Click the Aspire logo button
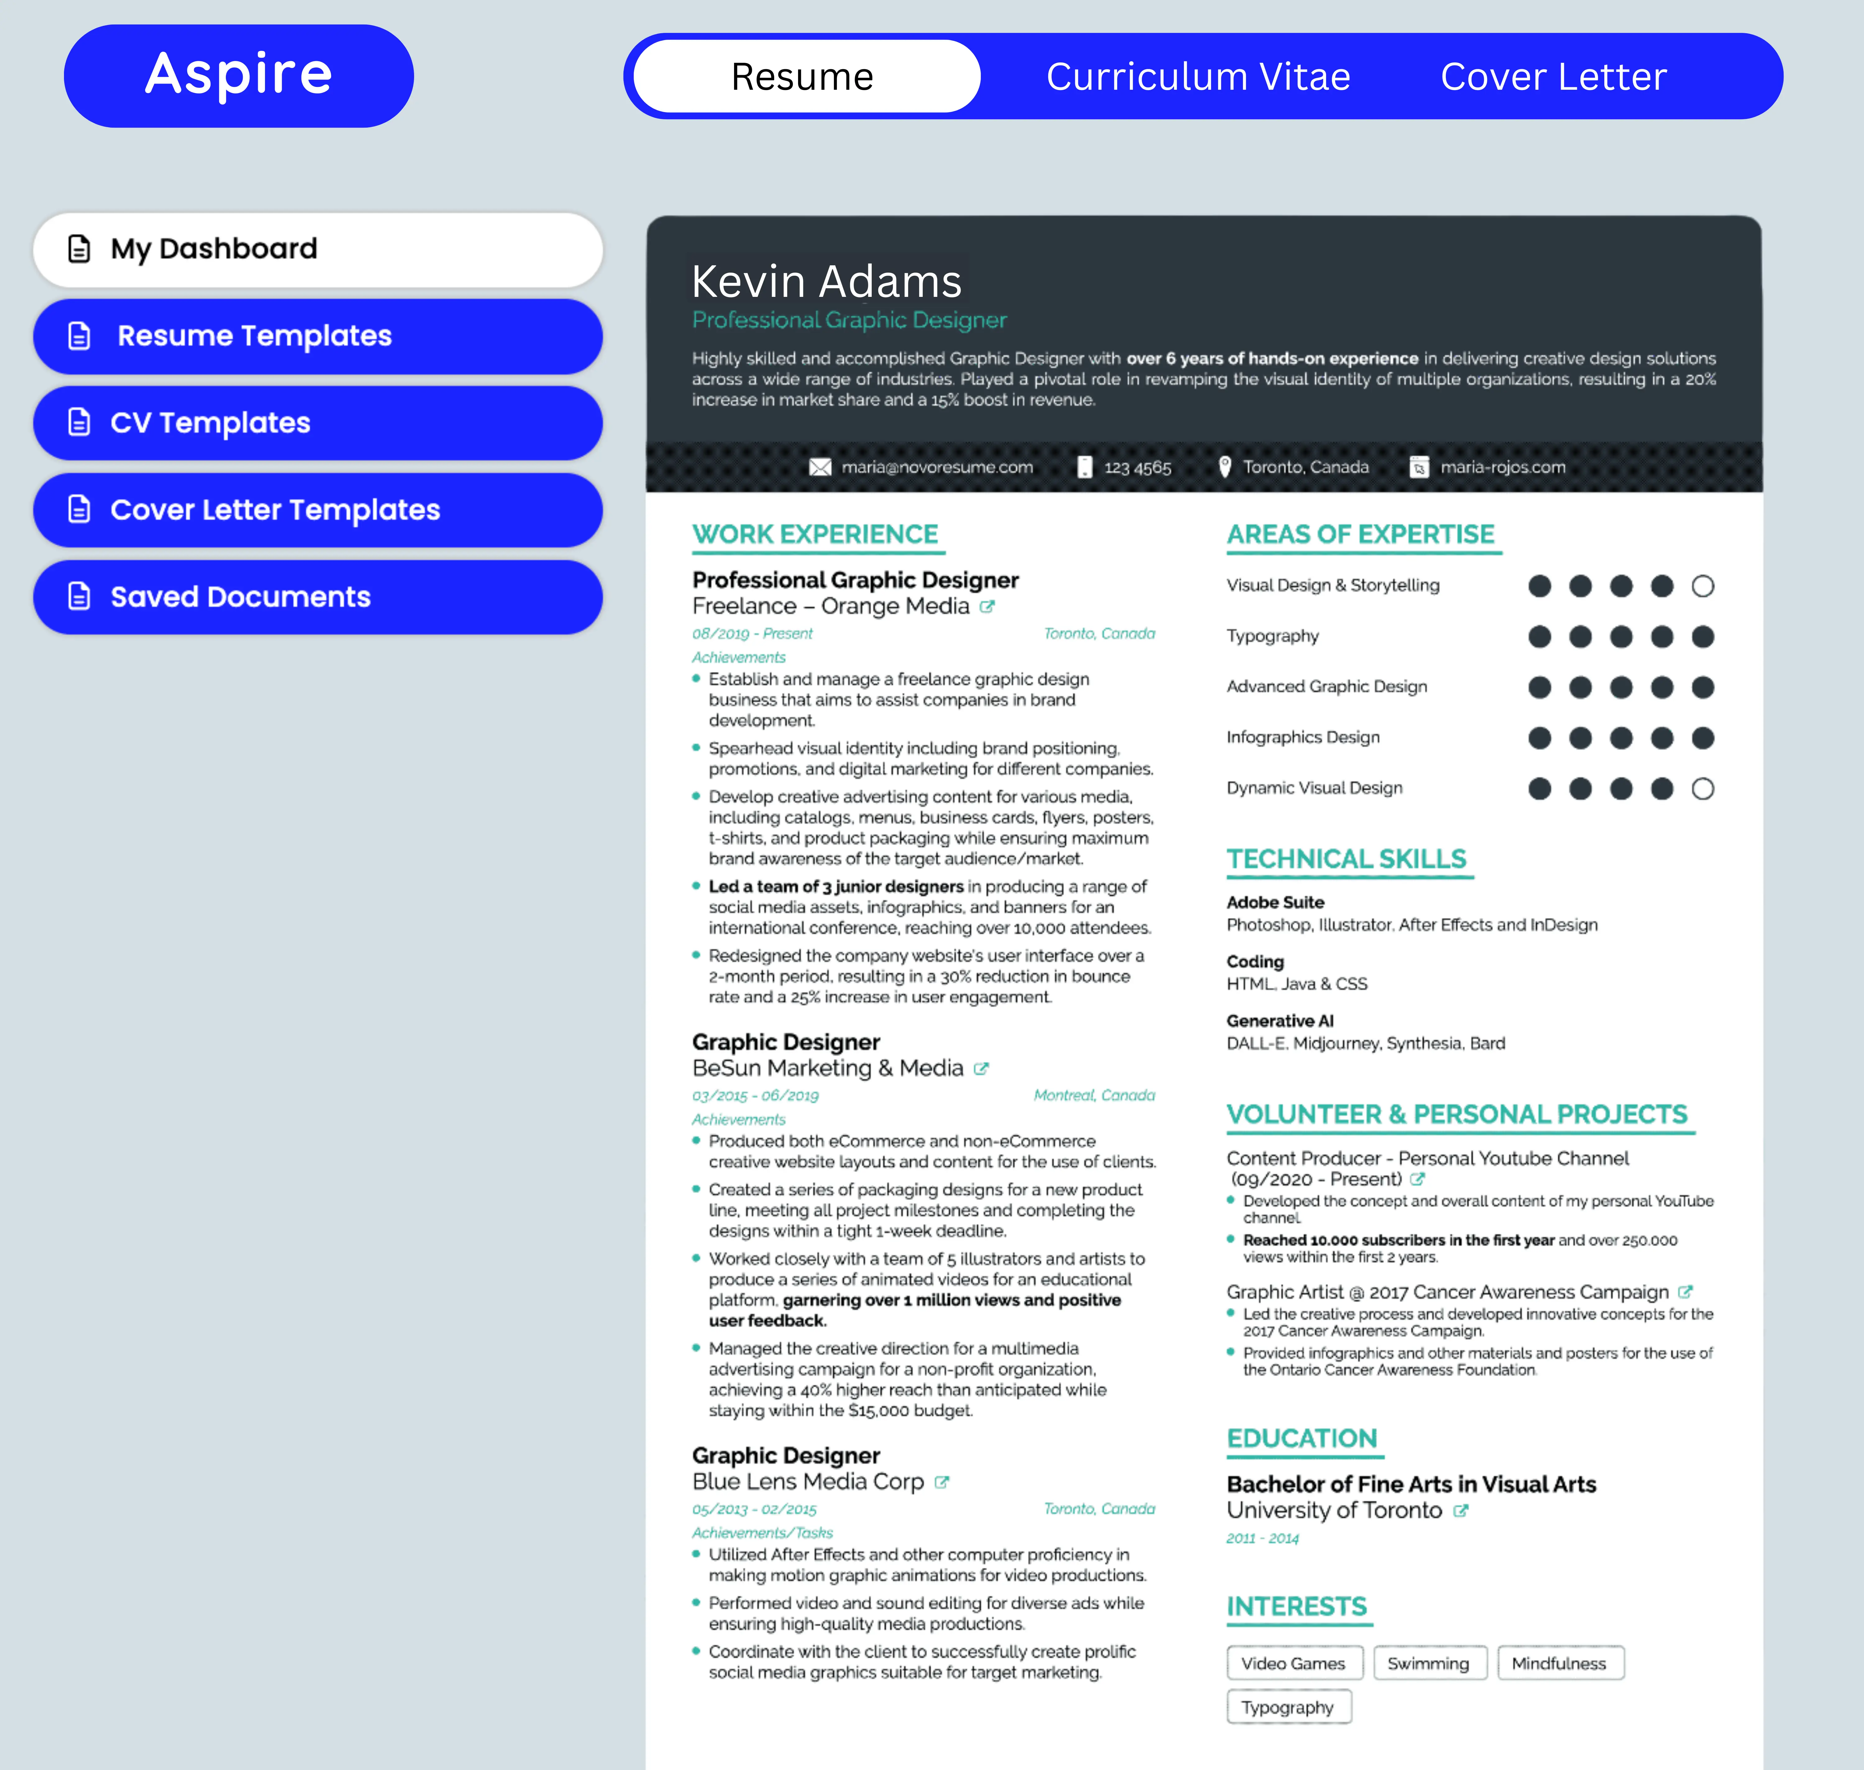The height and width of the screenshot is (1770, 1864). pyautogui.click(x=239, y=75)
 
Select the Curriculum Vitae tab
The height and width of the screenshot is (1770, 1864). pyautogui.click(x=1198, y=76)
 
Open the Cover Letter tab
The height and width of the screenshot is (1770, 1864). pyautogui.click(x=1552, y=76)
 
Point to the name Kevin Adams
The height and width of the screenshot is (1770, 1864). pyautogui.click(x=826, y=281)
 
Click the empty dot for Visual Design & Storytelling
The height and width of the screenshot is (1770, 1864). pyautogui.click(x=1703, y=586)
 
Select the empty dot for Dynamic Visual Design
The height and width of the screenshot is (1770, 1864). pyautogui.click(x=1703, y=789)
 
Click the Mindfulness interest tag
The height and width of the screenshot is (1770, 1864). pyautogui.click(x=1559, y=1663)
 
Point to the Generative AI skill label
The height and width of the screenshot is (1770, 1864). pyautogui.click(x=1280, y=1021)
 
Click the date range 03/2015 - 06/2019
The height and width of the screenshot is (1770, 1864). pyautogui.click(x=755, y=1096)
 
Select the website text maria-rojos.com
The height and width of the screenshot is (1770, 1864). pyautogui.click(x=1502, y=467)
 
